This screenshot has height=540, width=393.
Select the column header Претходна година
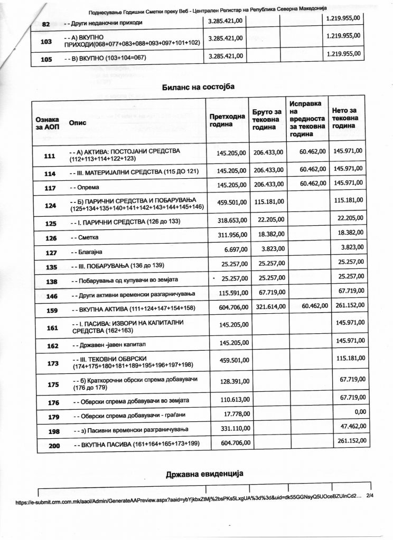click(x=227, y=121)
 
